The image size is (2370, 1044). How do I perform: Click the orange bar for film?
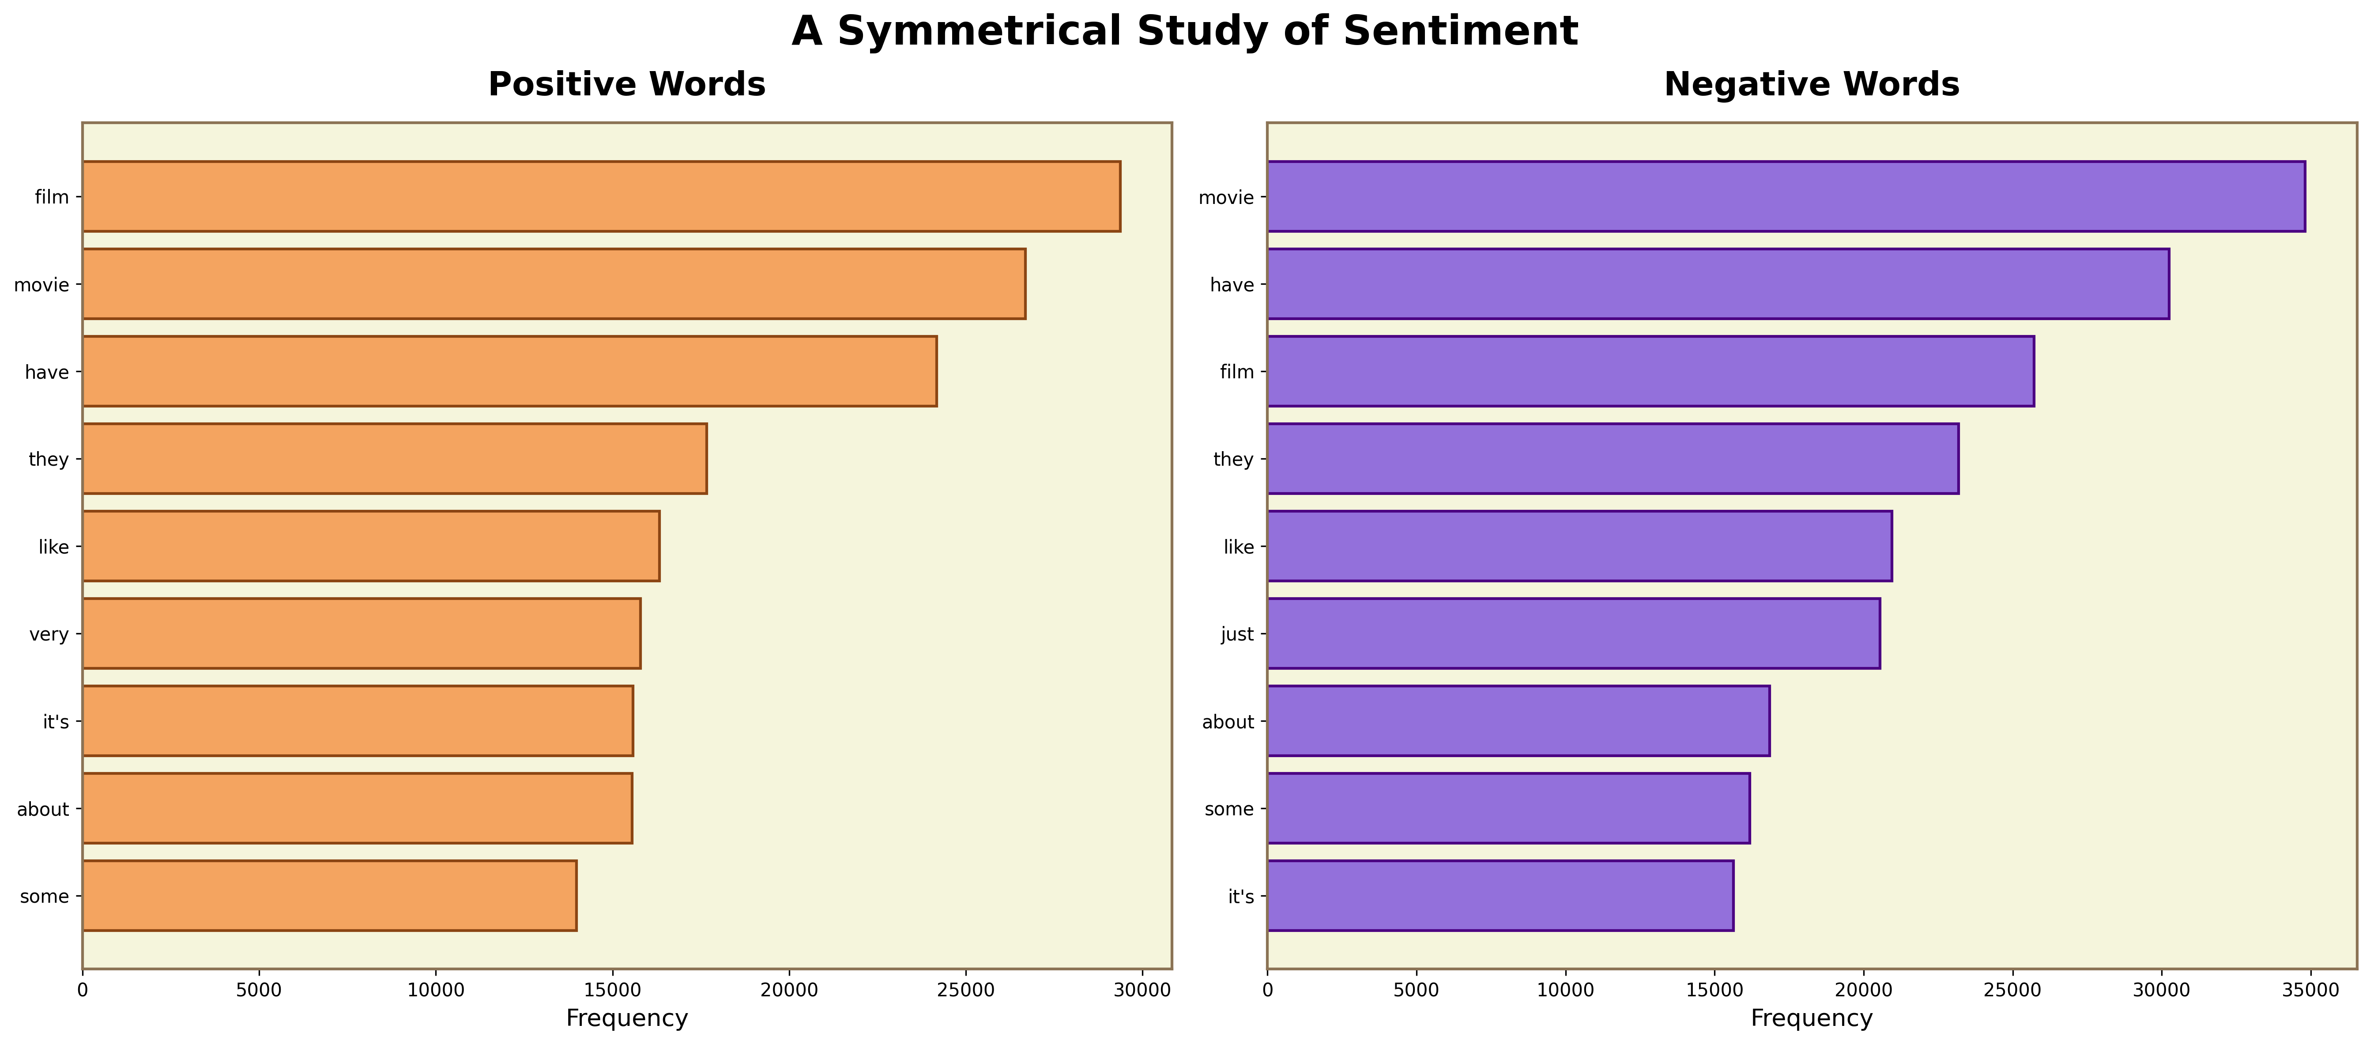(601, 196)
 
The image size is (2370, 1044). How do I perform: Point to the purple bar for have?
(1718, 283)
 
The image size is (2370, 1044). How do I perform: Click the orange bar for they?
(395, 458)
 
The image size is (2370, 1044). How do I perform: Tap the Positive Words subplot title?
(626, 85)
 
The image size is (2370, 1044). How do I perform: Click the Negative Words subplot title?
(1812, 85)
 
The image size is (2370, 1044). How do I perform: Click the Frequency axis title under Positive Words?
(626, 1018)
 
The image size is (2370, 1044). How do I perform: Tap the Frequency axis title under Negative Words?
(1812, 1018)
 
